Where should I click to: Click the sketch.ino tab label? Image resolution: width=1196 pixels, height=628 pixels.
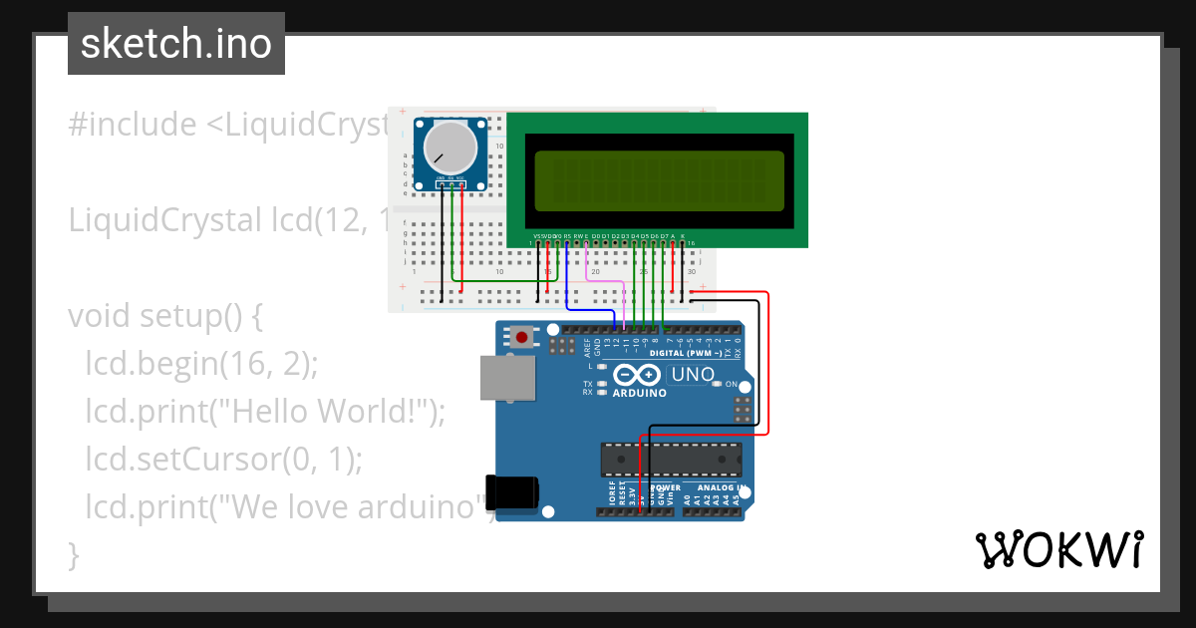click(x=175, y=44)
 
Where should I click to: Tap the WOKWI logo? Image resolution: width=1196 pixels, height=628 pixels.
click(x=1058, y=550)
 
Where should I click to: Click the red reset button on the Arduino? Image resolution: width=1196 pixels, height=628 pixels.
click(x=522, y=337)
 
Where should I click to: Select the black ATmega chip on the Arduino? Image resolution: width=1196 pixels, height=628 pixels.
click(x=670, y=459)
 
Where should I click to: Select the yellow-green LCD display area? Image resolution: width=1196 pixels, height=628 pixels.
click(x=659, y=179)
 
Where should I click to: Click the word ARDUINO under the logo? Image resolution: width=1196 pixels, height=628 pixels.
click(x=639, y=394)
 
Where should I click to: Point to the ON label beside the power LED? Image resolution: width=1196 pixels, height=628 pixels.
click(x=732, y=385)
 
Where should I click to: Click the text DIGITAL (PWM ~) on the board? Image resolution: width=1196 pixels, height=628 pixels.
click(x=688, y=353)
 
